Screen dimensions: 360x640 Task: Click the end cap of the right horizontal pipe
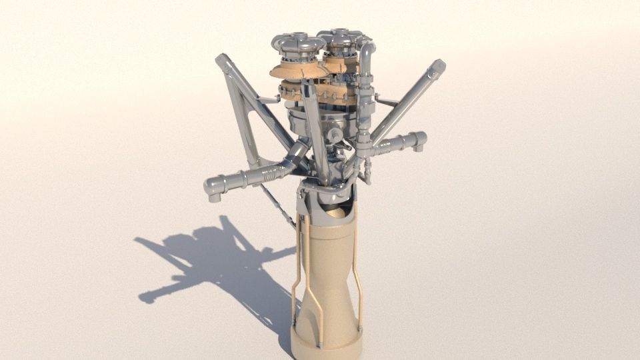tap(421, 140)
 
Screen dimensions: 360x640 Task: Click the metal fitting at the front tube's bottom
tap(320, 344)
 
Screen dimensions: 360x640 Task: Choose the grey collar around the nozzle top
tap(327, 200)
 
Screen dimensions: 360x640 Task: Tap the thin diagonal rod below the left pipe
tap(277, 207)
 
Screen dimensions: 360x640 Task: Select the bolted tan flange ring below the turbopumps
tap(313, 90)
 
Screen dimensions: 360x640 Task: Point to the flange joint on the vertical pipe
tap(363, 141)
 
